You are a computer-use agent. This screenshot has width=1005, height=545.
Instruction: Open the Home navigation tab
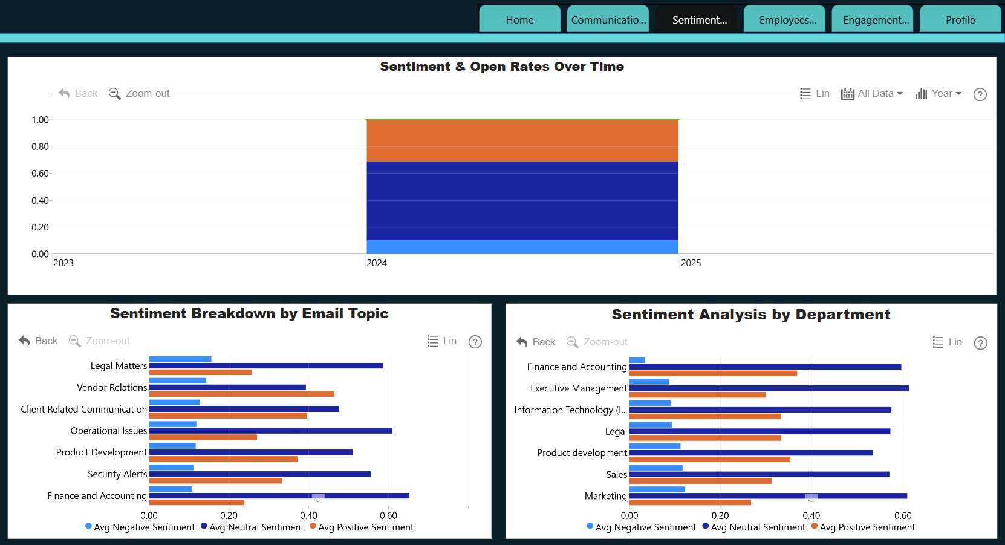519,20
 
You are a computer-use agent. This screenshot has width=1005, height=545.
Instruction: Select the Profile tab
960,20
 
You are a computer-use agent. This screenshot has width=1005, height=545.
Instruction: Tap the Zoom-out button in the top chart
139,93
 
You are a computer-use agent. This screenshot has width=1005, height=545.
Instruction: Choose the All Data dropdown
872,93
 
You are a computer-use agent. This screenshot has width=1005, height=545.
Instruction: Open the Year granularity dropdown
938,93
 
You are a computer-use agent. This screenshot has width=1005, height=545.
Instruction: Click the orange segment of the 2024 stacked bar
522,140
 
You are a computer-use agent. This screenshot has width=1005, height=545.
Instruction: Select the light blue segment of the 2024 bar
522,247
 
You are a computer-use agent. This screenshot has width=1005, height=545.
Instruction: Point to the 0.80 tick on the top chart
41,146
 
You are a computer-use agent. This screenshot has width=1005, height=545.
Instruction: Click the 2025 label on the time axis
691,263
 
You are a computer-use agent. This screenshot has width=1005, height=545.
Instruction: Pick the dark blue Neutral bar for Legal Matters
265,366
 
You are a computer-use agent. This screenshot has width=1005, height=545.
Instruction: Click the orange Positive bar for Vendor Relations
241,394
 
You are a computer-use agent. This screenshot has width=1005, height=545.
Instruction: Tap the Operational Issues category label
109,431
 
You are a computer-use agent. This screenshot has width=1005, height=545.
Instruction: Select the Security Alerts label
117,474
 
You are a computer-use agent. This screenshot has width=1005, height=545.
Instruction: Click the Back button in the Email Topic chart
38,341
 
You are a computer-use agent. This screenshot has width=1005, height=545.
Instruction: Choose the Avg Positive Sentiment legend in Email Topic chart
362,527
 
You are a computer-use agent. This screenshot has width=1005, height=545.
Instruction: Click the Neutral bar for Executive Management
769,388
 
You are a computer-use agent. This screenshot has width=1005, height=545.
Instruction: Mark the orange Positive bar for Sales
700,481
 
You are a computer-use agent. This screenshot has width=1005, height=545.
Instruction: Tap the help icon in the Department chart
980,343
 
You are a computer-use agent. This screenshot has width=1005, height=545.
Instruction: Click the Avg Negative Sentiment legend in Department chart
642,527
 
